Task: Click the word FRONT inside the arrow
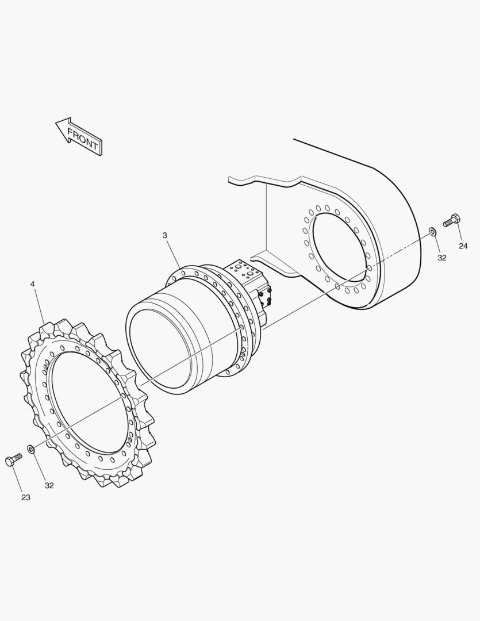[83, 138]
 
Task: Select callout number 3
[165, 235]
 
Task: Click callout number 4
[32, 284]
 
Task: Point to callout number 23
[26, 497]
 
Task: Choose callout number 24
[463, 246]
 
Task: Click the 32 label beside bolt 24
[442, 258]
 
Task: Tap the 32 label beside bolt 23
[49, 485]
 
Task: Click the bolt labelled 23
[13, 460]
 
